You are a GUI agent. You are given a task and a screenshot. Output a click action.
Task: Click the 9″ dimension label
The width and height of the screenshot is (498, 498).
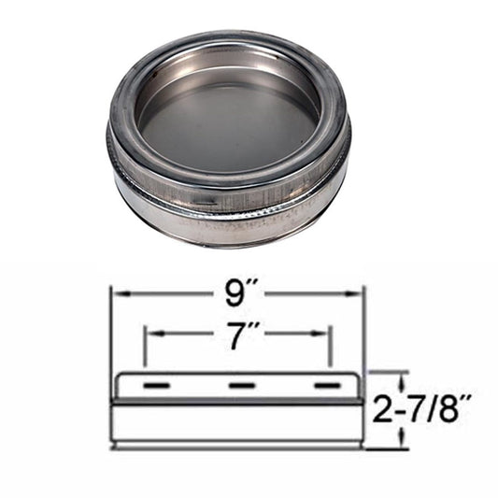pyautogui.click(x=237, y=293)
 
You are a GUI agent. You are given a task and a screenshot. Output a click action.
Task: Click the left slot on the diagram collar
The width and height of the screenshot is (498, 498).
pyautogui.click(x=157, y=385)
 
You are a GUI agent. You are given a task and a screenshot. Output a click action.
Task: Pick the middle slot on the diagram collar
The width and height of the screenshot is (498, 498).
pyautogui.click(x=241, y=385)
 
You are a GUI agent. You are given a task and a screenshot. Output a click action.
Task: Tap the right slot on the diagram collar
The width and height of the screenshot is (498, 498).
pyautogui.click(x=325, y=385)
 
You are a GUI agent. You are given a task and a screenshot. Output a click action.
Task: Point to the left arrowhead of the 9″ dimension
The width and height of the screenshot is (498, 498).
pyautogui.click(x=118, y=293)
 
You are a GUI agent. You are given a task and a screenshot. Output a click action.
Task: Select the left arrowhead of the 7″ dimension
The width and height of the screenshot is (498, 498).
pyautogui.click(x=150, y=333)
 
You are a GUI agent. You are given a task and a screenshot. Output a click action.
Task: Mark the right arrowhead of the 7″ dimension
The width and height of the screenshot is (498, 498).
pyautogui.click(x=324, y=333)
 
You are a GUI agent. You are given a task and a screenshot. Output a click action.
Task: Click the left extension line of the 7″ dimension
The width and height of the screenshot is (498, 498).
pyautogui.click(x=145, y=346)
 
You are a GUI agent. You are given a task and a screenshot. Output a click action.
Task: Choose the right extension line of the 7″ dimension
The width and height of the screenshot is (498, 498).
pyautogui.click(x=330, y=346)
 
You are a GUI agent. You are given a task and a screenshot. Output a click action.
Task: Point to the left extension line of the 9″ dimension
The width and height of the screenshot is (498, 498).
pyautogui.click(x=112, y=336)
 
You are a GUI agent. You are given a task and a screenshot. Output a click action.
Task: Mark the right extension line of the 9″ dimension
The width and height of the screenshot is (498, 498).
pyautogui.click(x=362, y=336)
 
